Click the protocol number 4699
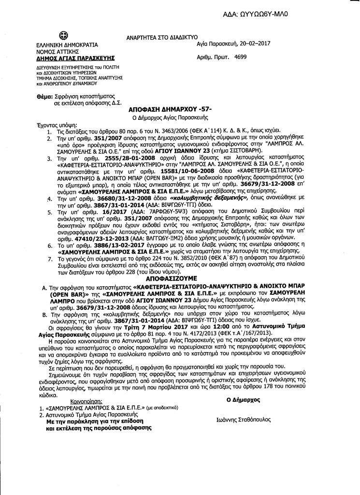pyautogui.click(x=240, y=57)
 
